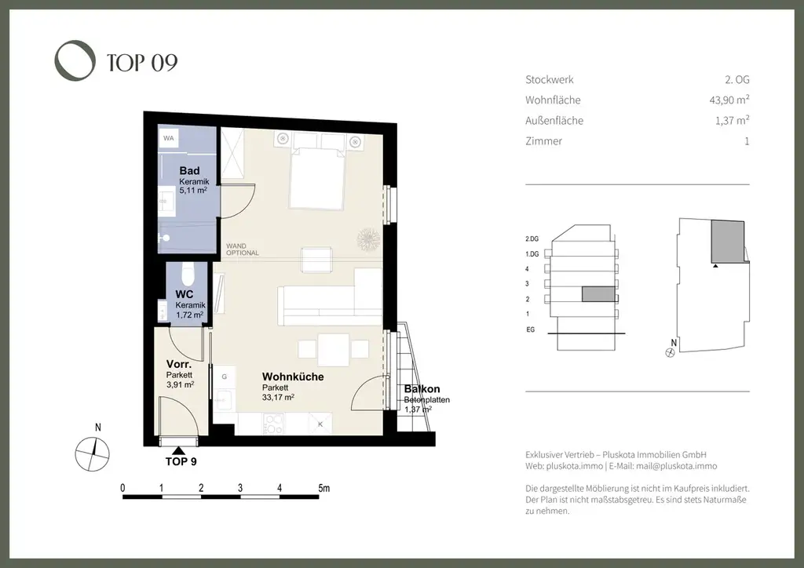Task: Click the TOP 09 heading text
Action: click(x=142, y=63)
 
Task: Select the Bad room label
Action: click(x=189, y=171)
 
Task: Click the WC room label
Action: click(x=184, y=294)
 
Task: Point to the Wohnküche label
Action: click(x=293, y=377)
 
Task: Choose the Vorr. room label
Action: click(x=179, y=365)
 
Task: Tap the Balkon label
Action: click(x=422, y=389)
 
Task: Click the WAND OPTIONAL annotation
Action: click(x=243, y=249)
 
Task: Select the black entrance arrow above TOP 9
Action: click(x=178, y=450)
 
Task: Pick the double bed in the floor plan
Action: click(x=316, y=178)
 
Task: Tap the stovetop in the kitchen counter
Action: click(x=272, y=424)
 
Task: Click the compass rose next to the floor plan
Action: click(x=93, y=453)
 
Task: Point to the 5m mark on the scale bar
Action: click(x=324, y=488)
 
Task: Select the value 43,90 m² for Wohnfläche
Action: click(x=729, y=100)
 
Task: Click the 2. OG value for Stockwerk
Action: click(x=736, y=79)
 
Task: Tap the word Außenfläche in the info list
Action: click(x=554, y=121)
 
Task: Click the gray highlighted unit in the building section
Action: click(x=598, y=294)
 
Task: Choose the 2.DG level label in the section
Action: click(x=532, y=239)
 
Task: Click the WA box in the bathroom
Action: click(x=169, y=138)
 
